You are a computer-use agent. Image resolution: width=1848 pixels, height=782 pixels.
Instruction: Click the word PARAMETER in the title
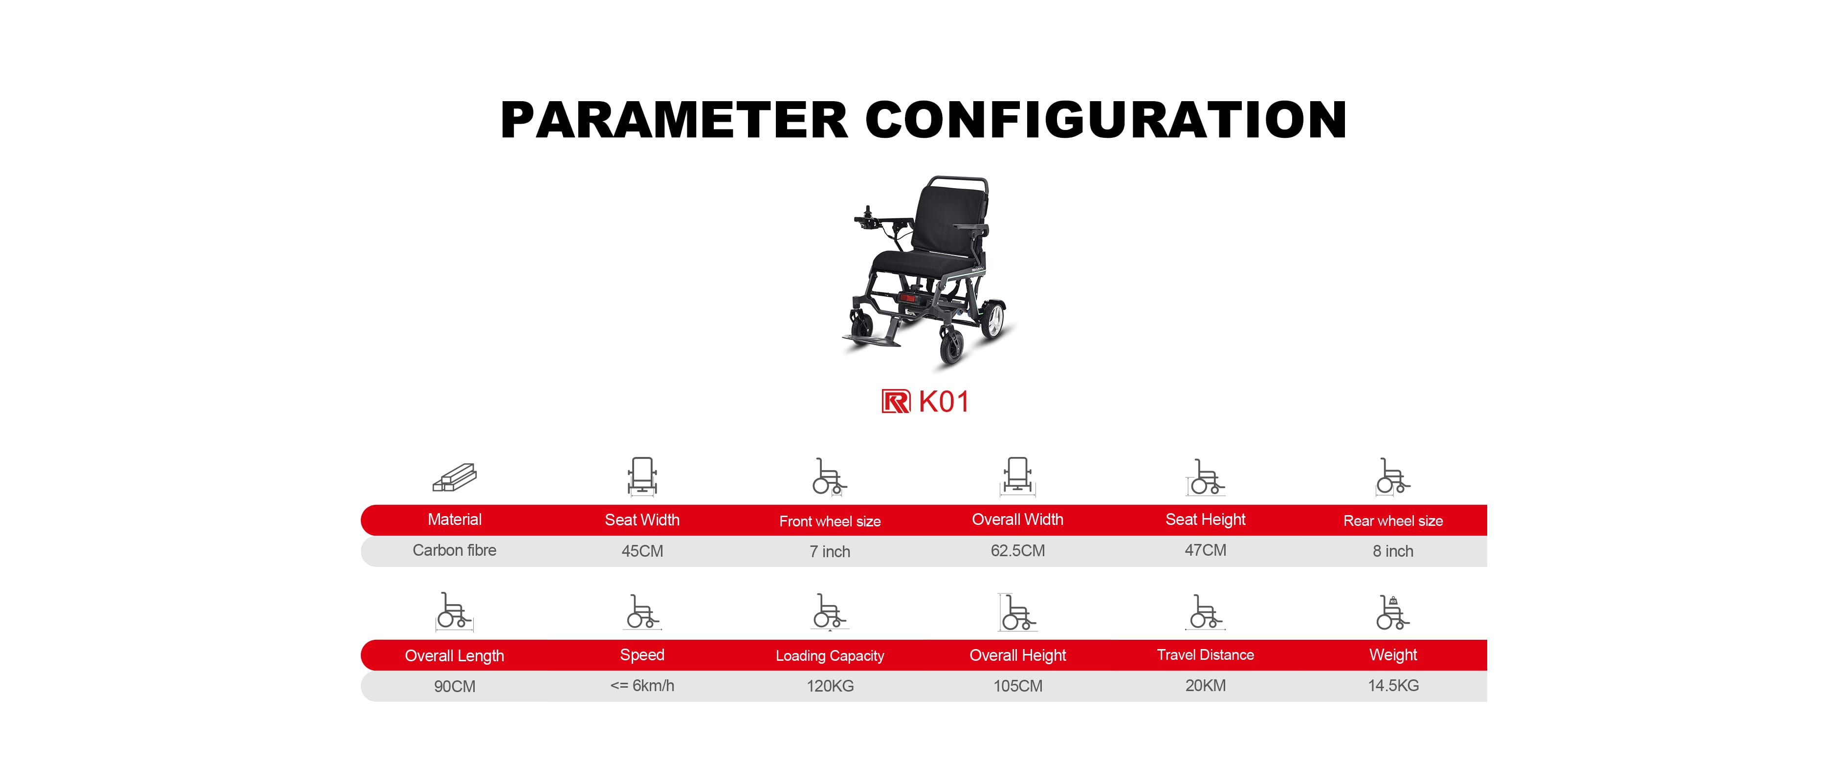click(674, 119)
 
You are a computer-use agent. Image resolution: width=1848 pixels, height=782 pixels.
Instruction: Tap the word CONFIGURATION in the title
click(1106, 119)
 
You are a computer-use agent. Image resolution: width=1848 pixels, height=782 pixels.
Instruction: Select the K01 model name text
click(944, 402)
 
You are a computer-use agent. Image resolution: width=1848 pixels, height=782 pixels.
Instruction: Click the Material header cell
click(455, 520)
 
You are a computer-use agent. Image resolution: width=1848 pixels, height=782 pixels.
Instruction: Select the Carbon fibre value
click(454, 550)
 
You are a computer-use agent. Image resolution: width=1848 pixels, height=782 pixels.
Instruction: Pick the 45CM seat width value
click(642, 551)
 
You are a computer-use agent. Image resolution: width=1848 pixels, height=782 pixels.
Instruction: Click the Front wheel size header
click(830, 521)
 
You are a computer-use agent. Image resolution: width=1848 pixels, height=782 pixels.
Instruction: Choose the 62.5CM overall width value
click(1017, 551)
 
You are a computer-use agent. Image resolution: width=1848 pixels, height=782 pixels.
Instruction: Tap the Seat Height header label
click(1205, 520)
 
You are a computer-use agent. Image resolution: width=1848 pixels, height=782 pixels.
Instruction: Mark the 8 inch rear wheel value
click(1393, 551)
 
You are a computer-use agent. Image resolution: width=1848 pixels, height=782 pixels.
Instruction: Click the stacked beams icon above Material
click(455, 477)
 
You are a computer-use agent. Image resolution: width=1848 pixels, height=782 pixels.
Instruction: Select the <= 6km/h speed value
click(642, 686)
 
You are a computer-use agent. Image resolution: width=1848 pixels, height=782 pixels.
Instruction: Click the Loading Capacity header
click(830, 656)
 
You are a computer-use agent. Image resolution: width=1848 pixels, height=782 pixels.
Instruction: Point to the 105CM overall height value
click(1017, 686)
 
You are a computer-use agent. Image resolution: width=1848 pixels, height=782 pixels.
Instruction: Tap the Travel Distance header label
click(1205, 654)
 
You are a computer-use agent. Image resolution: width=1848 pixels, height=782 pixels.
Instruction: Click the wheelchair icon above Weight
click(1392, 612)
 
